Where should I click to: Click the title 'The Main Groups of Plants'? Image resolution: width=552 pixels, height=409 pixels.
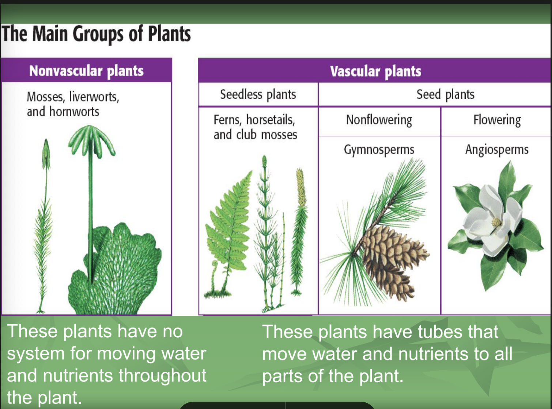[x=96, y=34]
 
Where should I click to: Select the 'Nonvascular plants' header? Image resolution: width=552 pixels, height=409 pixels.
[x=86, y=71]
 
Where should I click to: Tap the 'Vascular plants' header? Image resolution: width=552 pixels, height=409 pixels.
[x=375, y=71]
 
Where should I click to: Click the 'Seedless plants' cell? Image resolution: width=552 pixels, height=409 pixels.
[x=258, y=94]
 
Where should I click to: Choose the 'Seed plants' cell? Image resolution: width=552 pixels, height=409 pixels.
[x=445, y=94]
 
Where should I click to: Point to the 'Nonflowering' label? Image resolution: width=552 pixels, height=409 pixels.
[x=379, y=120]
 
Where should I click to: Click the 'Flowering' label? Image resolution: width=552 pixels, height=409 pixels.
[x=497, y=120]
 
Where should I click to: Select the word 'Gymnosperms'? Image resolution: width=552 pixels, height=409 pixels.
[x=379, y=150]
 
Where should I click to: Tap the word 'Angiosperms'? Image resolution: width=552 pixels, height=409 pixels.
[x=497, y=150]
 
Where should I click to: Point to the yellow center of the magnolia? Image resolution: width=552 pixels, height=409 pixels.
[x=496, y=222]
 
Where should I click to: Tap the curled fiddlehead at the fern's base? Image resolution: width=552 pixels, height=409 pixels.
[x=215, y=264]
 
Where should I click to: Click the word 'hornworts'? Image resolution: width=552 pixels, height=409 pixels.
[x=74, y=112]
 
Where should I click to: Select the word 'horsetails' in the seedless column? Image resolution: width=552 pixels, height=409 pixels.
[x=270, y=120]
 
